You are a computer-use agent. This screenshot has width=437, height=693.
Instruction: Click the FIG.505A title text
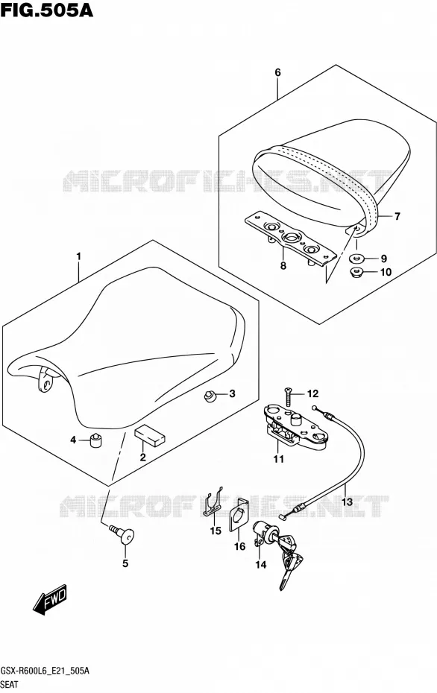pyautogui.click(x=47, y=10)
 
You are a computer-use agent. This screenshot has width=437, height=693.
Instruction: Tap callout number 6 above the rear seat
pyautogui.click(x=277, y=72)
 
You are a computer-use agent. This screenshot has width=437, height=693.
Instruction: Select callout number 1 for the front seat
pyautogui.click(x=79, y=256)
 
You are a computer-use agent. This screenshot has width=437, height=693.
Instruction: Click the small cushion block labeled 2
pyautogui.click(x=149, y=434)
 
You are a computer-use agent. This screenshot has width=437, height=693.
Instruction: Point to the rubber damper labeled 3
pyautogui.click(x=210, y=396)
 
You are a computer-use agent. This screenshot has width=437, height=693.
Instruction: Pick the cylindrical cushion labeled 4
pyautogui.click(x=96, y=440)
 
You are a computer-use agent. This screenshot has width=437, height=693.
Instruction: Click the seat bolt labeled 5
pyautogui.click(x=122, y=534)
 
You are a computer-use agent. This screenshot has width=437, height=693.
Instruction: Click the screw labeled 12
pyautogui.click(x=289, y=396)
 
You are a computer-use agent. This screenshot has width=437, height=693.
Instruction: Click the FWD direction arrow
pyautogui.click(x=49, y=600)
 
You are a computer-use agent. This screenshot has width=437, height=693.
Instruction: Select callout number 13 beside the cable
pyautogui.click(x=348, y=502)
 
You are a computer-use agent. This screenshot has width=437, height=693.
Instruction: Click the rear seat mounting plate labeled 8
pyautogui.click(x=290, y=240)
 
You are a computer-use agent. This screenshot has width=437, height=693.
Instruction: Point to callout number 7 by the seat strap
pyautogui.click(x=397, y=216)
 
